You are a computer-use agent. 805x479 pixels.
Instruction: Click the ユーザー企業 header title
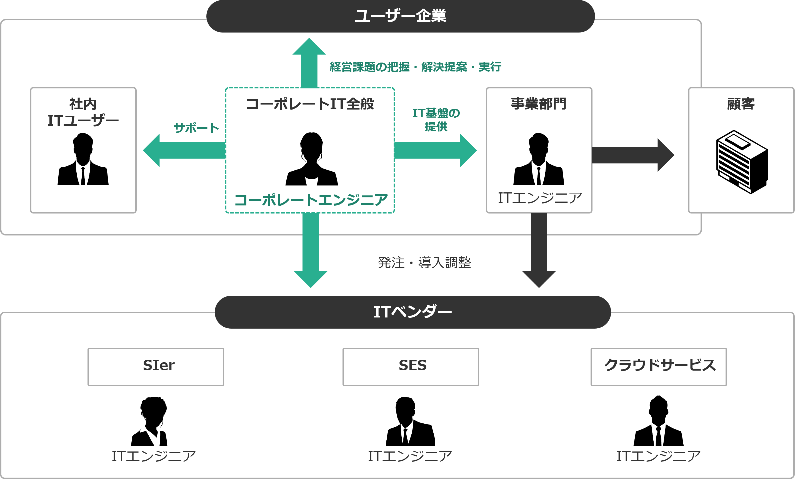[400, 16]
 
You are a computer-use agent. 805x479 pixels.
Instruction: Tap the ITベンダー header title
[412, 312]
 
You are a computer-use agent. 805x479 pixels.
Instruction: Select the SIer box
[156, 366]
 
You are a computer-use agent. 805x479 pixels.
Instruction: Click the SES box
[411, 366]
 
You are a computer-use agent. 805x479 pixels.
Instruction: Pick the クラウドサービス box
[659, 366]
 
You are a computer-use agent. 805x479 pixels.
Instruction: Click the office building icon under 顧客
[742, 162]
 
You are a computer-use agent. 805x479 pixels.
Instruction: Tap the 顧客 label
[741, 104]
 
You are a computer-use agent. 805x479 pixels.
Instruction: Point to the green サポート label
[196, 128]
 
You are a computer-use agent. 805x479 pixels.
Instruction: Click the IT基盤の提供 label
[436, 120]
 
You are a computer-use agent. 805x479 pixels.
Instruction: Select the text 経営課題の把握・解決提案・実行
[415, 67]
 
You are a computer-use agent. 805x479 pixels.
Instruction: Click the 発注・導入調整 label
[424, 262]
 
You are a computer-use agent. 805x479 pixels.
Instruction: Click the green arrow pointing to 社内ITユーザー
[184, 150]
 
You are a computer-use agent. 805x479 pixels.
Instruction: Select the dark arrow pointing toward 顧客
[632, 155]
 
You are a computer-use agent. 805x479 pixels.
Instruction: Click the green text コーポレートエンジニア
[311, 200]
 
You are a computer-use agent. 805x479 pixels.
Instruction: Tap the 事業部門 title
[539, 104]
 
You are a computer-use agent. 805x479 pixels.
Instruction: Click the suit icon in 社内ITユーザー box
[83, 172]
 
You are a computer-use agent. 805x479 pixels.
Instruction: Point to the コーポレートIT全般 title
[310, 104]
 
